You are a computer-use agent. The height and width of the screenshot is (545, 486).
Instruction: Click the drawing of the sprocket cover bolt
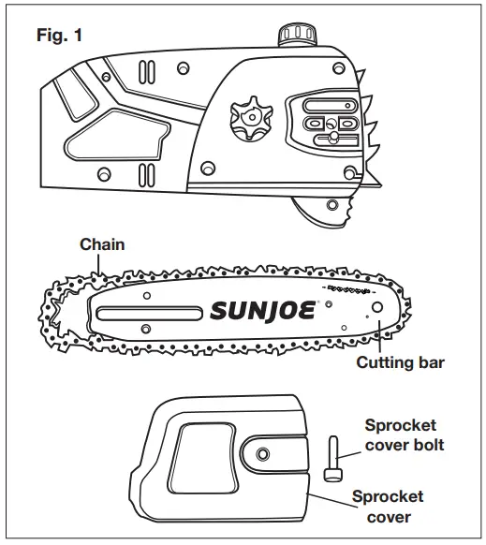tap(332, 458)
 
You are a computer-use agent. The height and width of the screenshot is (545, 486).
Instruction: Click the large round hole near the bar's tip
tap(376, 307)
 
